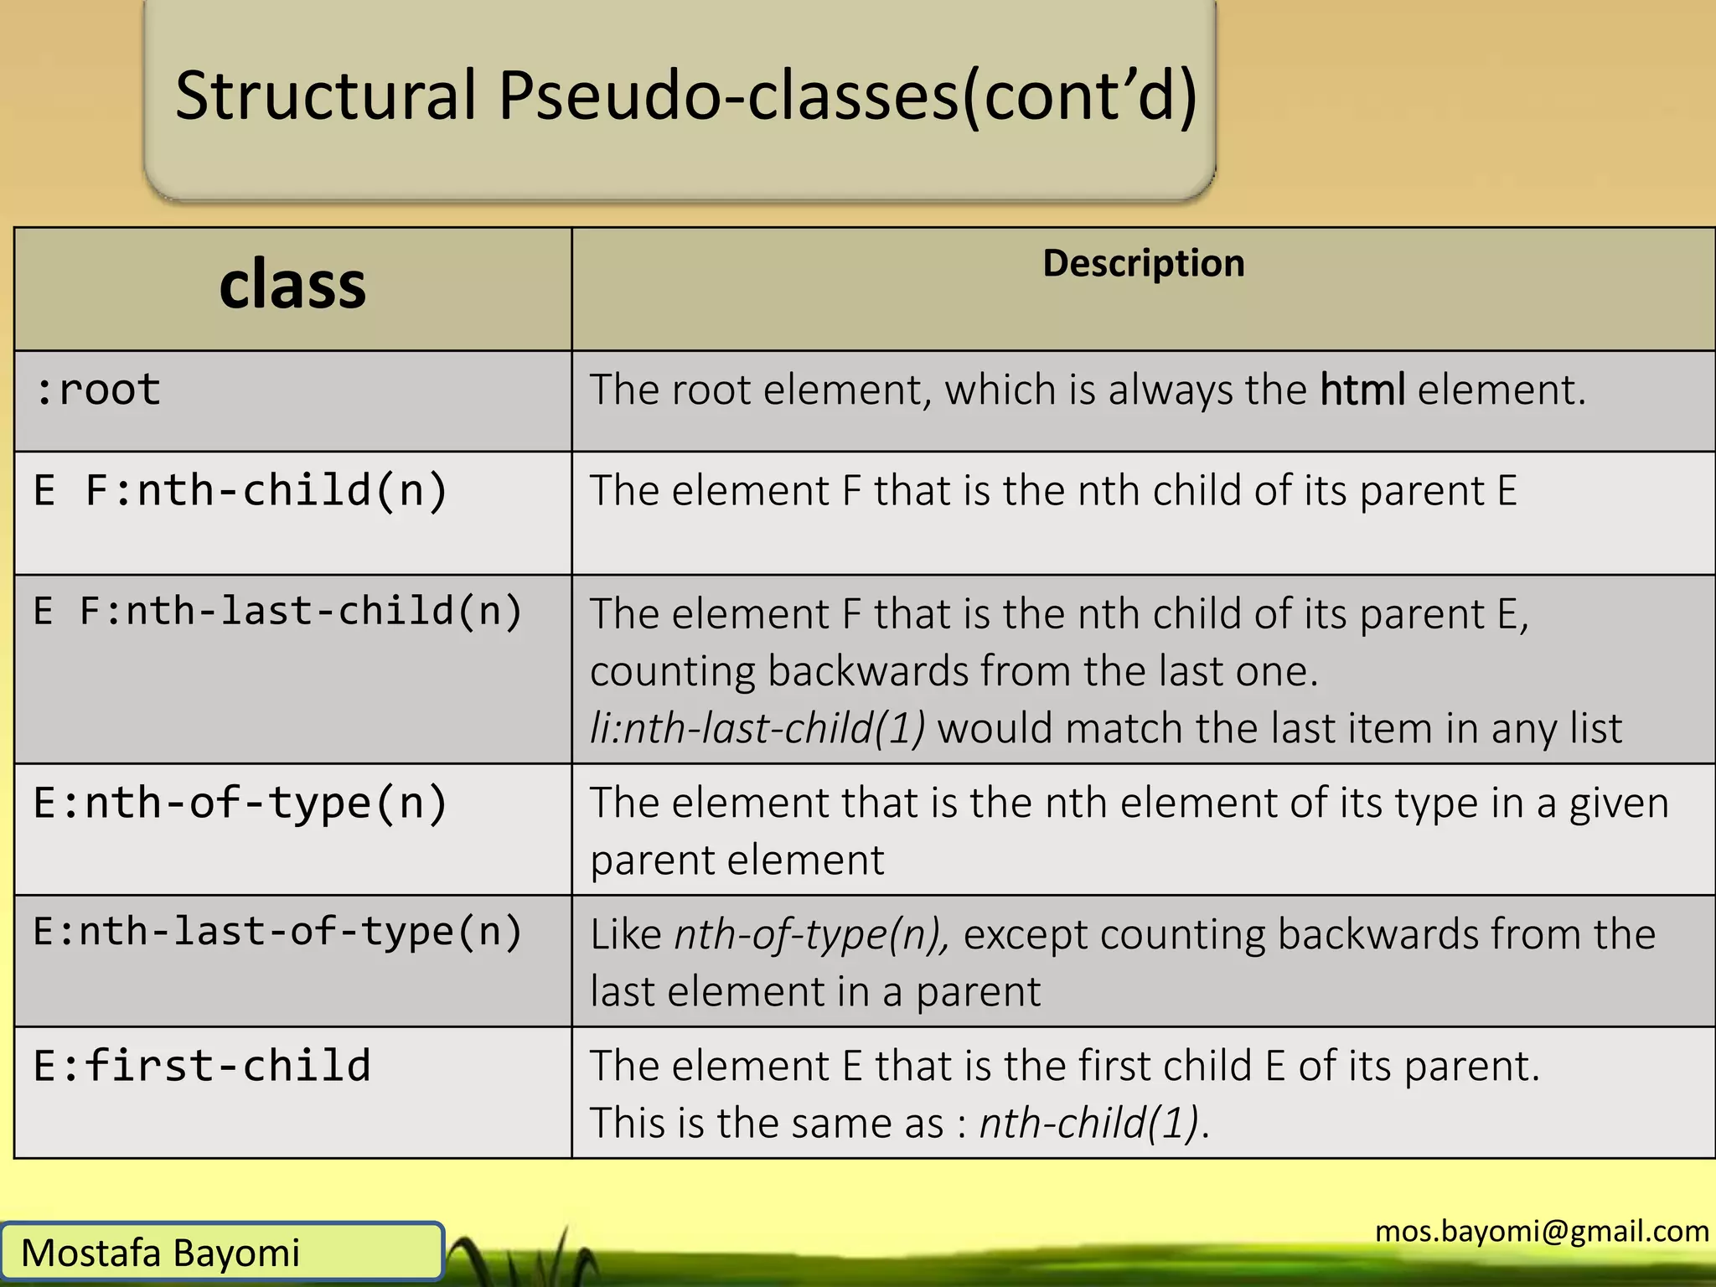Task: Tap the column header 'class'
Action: click(x=292, y=285)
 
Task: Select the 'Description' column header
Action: click(x=1143, y=263)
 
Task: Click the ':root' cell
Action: click(x=98, y=390)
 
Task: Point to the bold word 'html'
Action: click(x=1362, y=390)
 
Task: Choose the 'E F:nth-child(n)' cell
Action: click(x=240, y=491)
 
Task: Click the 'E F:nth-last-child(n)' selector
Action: click(x=277, y=611)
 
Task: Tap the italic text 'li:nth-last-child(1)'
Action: click(x=757, y=728)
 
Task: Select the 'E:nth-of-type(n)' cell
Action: click(x=240, y=804)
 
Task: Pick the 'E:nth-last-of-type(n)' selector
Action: click(x=277, y=932)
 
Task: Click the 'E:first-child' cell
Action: click(x=202, y=1066)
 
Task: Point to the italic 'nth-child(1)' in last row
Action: click(x=1089, y=1124)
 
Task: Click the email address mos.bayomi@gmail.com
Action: click(x=1542, y=1231)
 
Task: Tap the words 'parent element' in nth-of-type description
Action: click(x=737, y=861)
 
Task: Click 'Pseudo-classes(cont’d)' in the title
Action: click(x=847, y=96)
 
